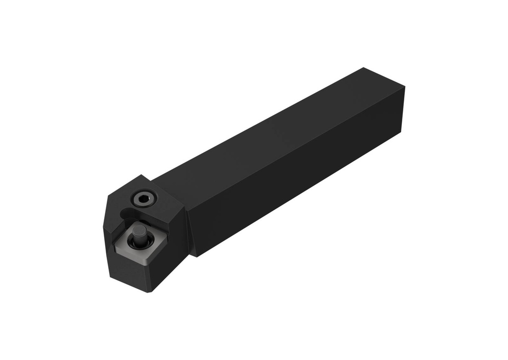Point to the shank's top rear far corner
point(364,68)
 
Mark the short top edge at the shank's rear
point(384,77)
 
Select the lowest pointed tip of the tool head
point(147,292)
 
